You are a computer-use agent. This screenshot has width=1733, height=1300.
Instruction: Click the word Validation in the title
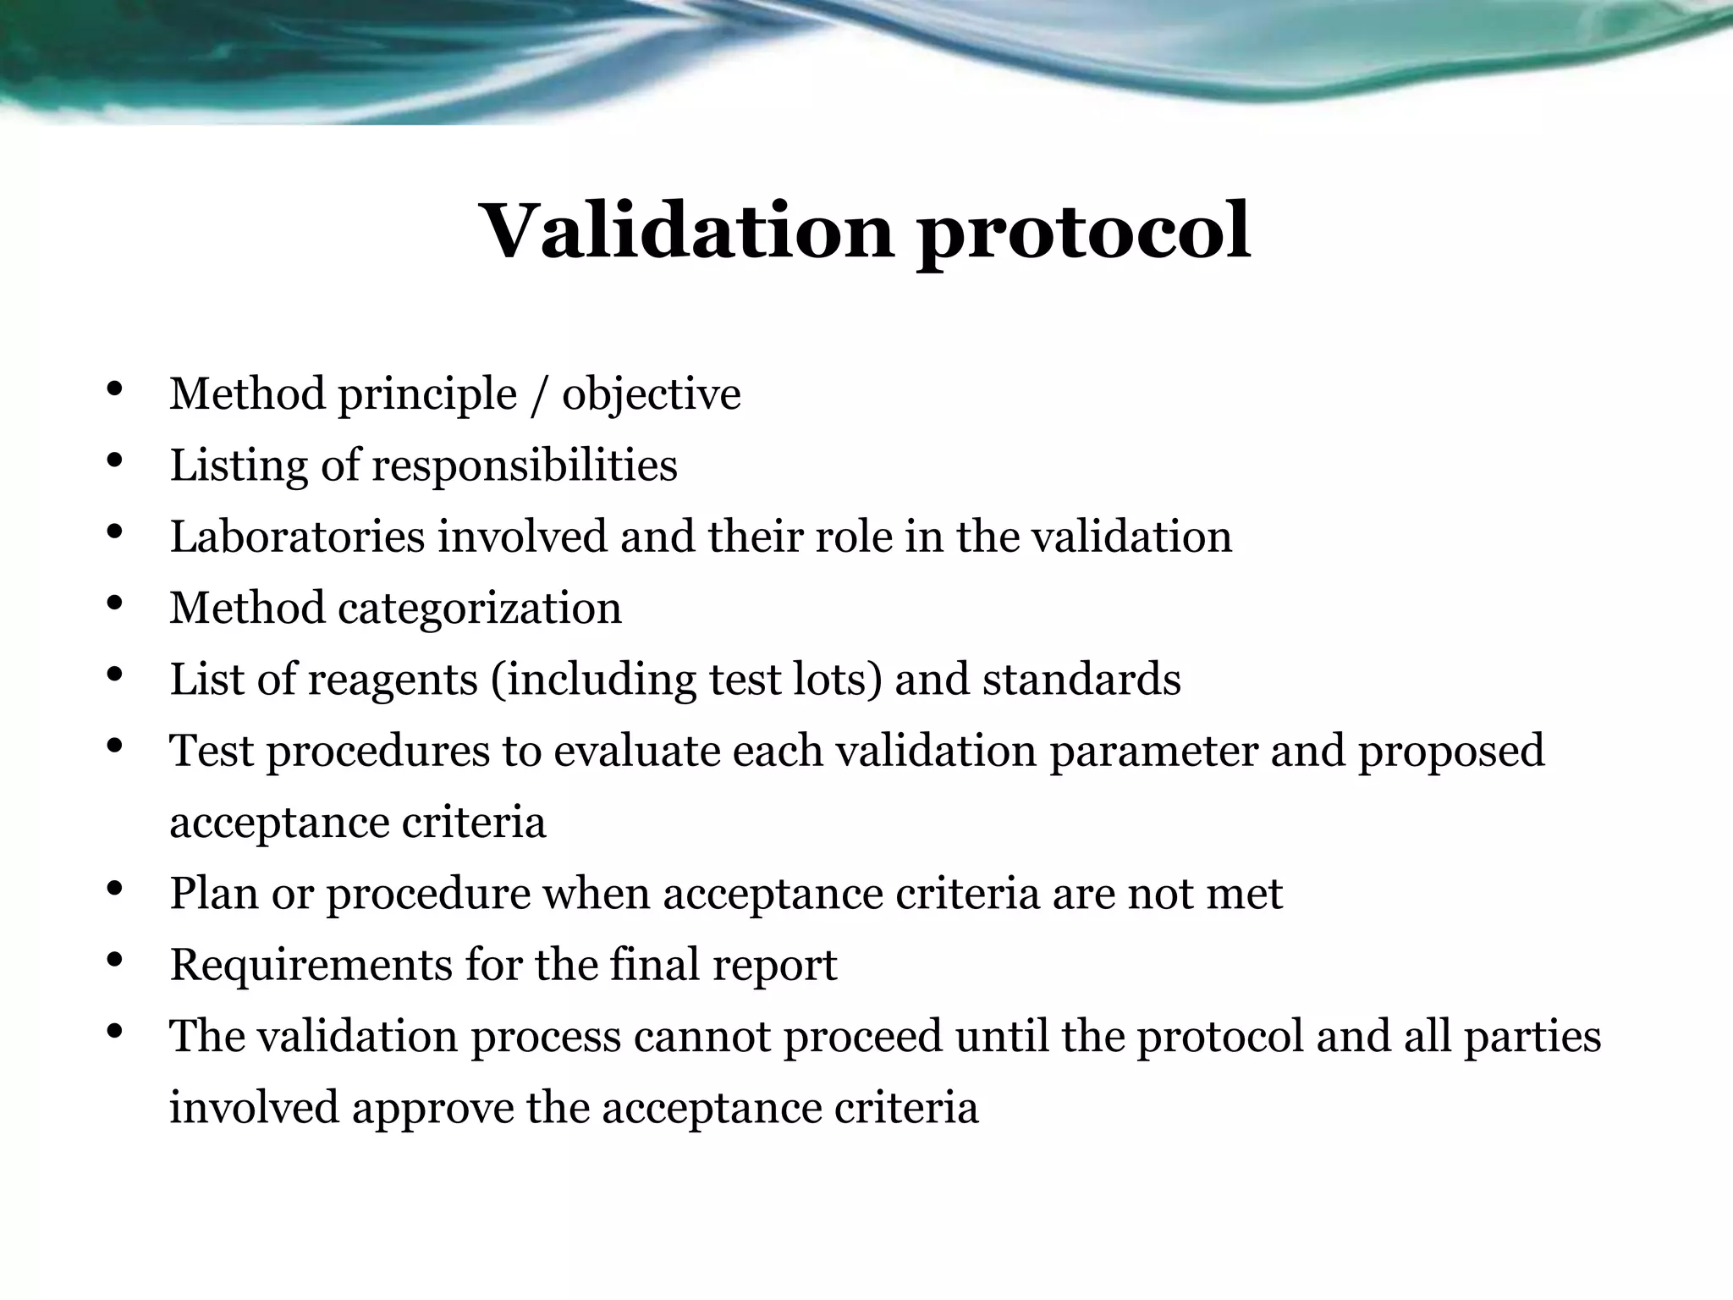(686, 231)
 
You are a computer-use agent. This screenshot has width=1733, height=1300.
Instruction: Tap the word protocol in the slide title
(1084, 233)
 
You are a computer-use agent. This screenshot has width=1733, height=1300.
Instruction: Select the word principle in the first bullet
(427, 395)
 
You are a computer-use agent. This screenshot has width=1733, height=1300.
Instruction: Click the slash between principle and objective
(539, 395)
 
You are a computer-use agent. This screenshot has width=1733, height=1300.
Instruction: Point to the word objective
(651, 395)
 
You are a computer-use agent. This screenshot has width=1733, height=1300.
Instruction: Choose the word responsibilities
(525, 466)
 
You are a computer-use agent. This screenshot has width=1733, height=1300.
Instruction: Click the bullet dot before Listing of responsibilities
(115, 462)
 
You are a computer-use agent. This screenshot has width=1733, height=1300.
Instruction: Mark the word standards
(1081, 680)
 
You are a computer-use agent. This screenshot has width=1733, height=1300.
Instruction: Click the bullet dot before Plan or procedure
(115, 890)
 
